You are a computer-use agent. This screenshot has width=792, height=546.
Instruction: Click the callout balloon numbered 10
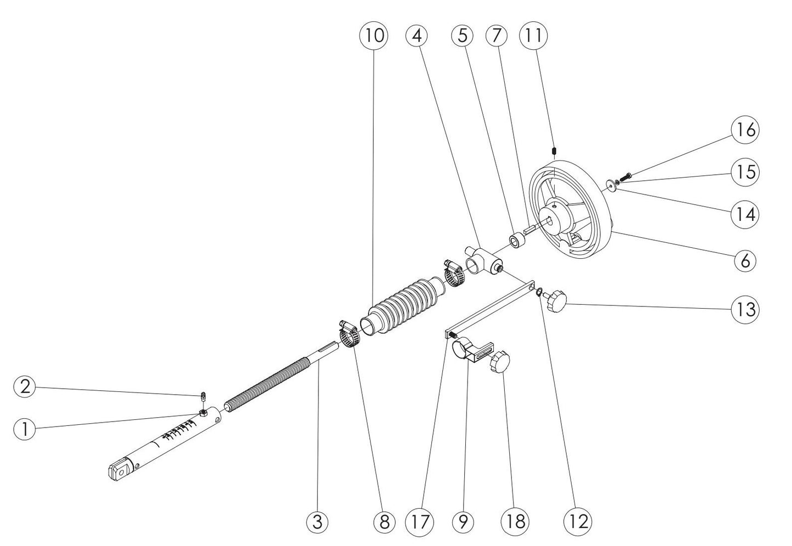click(373, 36)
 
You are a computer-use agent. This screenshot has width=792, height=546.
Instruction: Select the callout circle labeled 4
click(418, 36)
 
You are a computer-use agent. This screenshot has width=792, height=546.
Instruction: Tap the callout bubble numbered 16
click(744, 130)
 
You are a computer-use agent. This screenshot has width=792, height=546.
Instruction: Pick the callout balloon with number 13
click(744, 309)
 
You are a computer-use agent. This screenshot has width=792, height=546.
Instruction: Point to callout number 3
click(317, 521)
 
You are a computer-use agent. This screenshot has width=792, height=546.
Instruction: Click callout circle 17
click(418, 521)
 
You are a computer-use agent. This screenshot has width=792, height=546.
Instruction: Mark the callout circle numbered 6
click(744, 261)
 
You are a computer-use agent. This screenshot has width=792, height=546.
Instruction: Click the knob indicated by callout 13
click(555, 300)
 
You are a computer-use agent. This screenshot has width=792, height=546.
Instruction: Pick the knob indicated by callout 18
click(500, 363)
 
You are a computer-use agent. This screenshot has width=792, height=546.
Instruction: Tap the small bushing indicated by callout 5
click(516, 240)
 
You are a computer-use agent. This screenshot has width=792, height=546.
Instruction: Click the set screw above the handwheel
click(554, 150)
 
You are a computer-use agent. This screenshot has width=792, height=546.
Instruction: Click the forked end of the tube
click(119, 470)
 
